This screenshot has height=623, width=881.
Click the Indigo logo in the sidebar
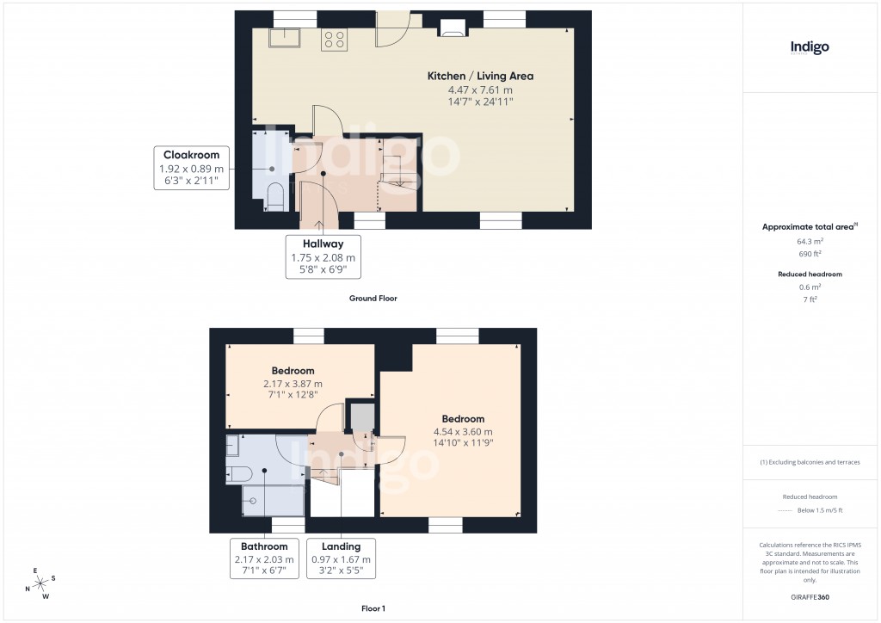(x=810, y=48)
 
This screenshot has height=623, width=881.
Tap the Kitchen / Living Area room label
(x=480, y=76)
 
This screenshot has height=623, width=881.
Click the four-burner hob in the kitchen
(x=334, y=40)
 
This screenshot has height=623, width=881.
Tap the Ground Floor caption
(x=373, y=299)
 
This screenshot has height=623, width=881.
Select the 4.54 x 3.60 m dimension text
(x=463, y=432)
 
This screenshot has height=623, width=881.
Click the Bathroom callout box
(x=264, y=558)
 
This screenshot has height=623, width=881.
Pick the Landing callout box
(x=341, y=558)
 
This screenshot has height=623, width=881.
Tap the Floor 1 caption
(x=373, y=608)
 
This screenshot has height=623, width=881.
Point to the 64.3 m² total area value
(x=809, y=242)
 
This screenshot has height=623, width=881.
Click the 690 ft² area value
(x=809, y=254)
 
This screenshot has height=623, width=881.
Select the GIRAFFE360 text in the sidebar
(x=810, y=596)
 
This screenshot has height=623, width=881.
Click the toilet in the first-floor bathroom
(x=238, y=472)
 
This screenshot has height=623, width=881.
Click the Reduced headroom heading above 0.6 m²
(x=809, y=274)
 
